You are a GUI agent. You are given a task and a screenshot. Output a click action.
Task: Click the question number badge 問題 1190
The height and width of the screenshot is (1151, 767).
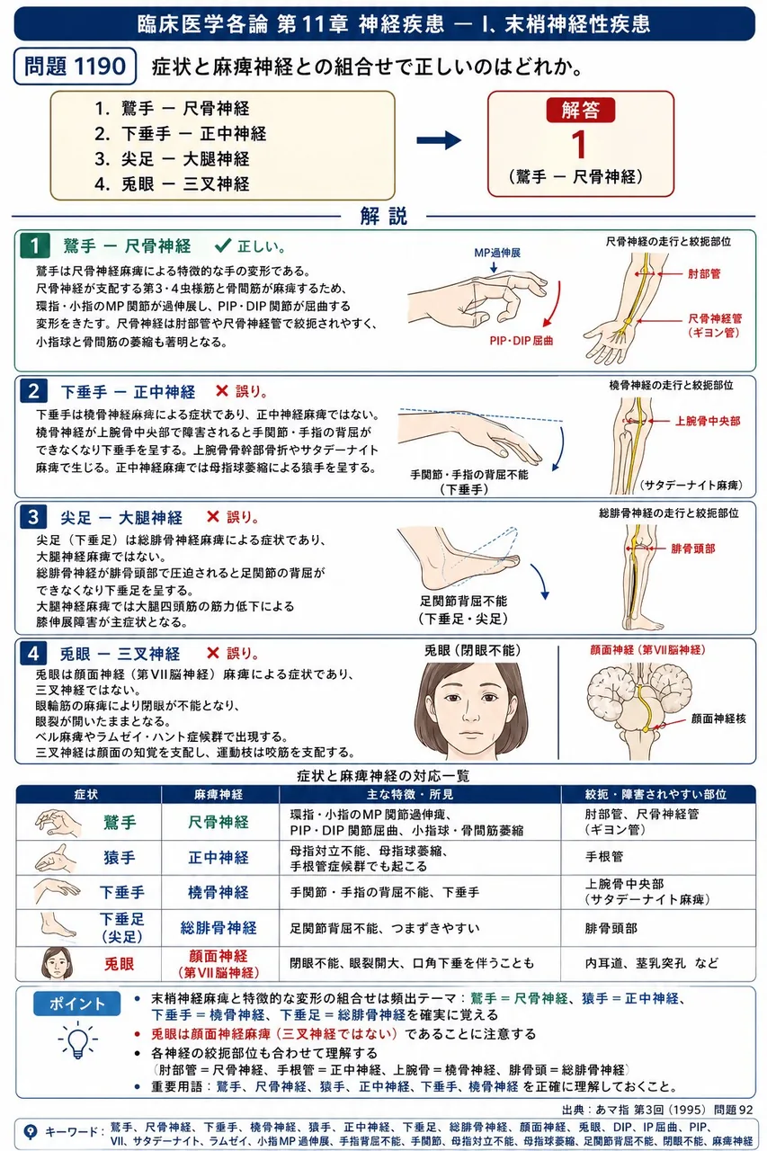click(x=75, y=67)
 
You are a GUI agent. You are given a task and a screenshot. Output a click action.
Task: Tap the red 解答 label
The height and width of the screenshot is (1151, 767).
click(x=581, y=110)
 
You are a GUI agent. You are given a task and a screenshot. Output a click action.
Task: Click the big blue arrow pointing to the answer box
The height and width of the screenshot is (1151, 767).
click(x=439, y=140)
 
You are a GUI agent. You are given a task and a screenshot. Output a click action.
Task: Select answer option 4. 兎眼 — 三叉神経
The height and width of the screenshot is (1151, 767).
click(x=172, y=184)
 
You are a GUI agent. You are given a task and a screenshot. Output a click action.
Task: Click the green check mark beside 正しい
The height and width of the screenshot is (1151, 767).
click(x=223, y=245)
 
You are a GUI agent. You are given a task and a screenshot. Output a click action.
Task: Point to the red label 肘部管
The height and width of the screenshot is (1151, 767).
click(x=704, y=274)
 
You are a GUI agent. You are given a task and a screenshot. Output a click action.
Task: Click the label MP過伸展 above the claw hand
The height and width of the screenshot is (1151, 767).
click(x=496, y=253)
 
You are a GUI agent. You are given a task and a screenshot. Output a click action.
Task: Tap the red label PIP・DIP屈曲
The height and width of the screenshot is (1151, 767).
click(x=521, y=341)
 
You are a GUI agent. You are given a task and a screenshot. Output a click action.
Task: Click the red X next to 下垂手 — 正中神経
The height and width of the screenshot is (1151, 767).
click(x=222, y=391)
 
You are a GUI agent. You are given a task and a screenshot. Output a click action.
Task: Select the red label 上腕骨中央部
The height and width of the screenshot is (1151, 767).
click(x=708, y=422)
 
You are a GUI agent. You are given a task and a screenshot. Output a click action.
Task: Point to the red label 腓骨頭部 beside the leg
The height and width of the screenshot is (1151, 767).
click(x=692, y=549)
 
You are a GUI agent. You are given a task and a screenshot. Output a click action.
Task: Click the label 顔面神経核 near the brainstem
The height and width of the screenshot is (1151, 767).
click(x=718, y=718)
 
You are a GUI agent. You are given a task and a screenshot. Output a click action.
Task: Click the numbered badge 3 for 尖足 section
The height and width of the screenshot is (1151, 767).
click(x=33, y=517)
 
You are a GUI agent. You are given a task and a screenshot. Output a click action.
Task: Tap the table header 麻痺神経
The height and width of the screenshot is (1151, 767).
click(x=219, y=794)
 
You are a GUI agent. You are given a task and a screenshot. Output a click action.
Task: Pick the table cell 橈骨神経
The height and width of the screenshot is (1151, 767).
click(x=219, y=893)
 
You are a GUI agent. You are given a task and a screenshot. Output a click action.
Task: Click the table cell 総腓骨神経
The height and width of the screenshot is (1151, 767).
click(x=219, y=928)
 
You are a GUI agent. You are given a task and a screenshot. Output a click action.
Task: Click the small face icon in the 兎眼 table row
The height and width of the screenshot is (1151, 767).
click(x=57, y=963)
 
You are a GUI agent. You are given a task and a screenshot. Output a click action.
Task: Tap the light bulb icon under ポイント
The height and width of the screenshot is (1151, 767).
click(x=77, y=1039)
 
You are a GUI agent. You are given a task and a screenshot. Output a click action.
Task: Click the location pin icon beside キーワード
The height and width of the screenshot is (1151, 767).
click(x=31, y=1131)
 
